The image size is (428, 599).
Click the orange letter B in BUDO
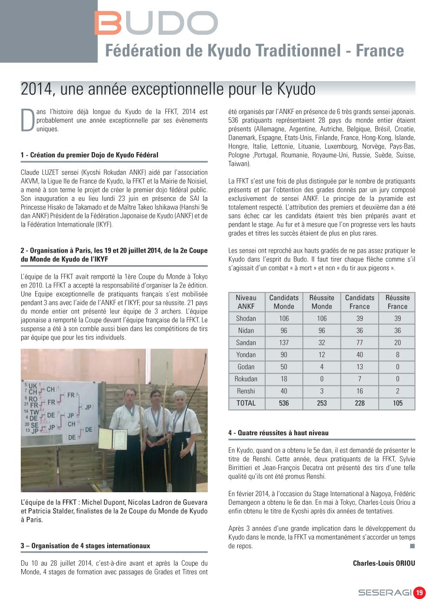coord(108,23)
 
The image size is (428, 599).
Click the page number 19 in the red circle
coord(419,592)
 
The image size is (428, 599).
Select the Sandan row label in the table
coord(246,342)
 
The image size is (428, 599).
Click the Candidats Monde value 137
coord(284,342)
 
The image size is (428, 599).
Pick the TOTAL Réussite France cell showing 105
coord(398,403)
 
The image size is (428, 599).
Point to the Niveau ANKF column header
coord(246,302)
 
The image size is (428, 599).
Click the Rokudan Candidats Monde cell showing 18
coord(284,379)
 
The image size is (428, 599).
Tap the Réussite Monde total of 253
coord(322,403)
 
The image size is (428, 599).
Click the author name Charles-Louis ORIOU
coord(384,563)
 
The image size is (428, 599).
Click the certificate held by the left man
coord(113,439)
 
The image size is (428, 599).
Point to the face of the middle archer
coord(156,397)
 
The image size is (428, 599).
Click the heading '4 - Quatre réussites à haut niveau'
coord(278,433)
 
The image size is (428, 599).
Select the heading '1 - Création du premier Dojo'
coord(89,155)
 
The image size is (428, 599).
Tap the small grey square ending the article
coord(412,546)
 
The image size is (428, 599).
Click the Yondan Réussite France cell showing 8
coord(398,355)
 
